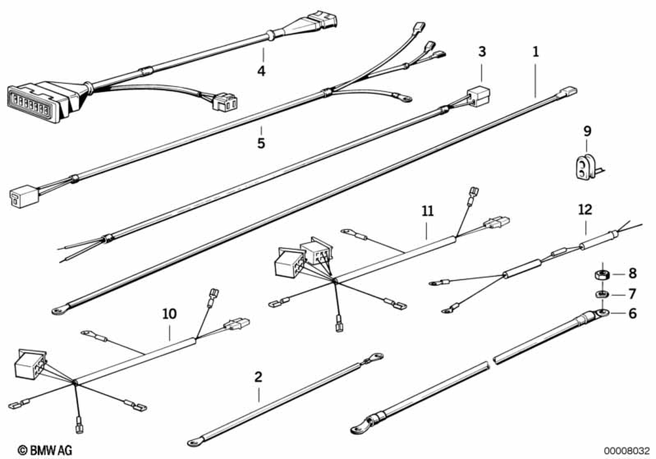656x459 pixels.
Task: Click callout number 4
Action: click(261, 70)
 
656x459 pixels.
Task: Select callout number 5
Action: click(261, 142)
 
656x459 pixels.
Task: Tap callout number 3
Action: click(482, 51)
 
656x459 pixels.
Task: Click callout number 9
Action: click(586, 131)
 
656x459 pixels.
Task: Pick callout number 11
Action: click(427, 211)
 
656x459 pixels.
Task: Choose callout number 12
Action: click(584, 210)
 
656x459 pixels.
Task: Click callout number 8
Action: click(632, 272)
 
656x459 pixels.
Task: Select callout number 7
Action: click(632, 293)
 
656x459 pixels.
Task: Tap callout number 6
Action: click(632, 313)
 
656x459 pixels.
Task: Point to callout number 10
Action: click(169, 314)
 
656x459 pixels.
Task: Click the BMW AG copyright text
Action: click(45, 450)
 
